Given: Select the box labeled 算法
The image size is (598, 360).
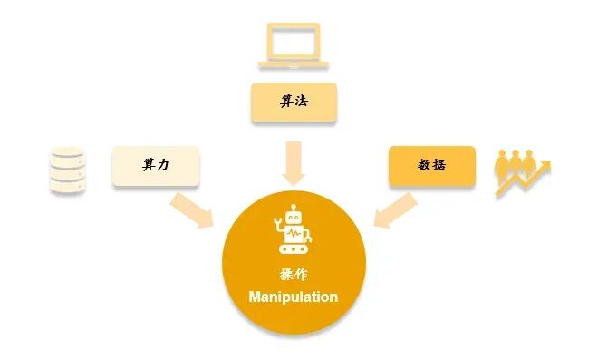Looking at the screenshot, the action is pyautogui.click(x=294, y=102).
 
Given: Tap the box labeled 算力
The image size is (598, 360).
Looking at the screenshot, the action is pyautogui.click(x=155, y=166).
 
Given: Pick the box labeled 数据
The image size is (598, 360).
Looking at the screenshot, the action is pyautogui.click(x=431, y=166).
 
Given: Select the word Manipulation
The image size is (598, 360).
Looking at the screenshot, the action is pyautogui.click(x=294, y=297).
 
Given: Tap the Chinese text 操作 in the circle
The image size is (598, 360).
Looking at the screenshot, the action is pyautogui.click(x=294, y=275).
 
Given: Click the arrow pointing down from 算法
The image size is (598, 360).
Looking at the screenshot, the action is pyautogui.click(x=294, y=161).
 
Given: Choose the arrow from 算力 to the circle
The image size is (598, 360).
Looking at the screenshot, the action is pyautogui.click(x=192, y=209).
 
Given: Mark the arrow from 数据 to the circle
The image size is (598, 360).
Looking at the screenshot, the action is pyautogui.click(x=395, y=209).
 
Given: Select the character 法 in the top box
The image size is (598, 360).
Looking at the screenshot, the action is pyautogui.click(x=301, y=102).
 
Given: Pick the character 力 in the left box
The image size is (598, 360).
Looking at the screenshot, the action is pyautogui.click(x=163, y=166).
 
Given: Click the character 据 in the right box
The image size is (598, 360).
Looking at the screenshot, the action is pyautogui.click(x=439, y=166).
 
